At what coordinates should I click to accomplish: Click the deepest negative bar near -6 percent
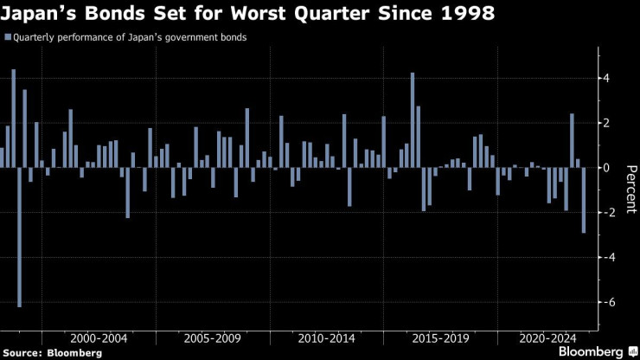click(19, 236)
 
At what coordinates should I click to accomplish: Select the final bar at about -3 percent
click(584, 200)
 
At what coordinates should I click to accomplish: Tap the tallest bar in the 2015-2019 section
click(413, 119)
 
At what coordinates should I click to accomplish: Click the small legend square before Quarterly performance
click(8, 37)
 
